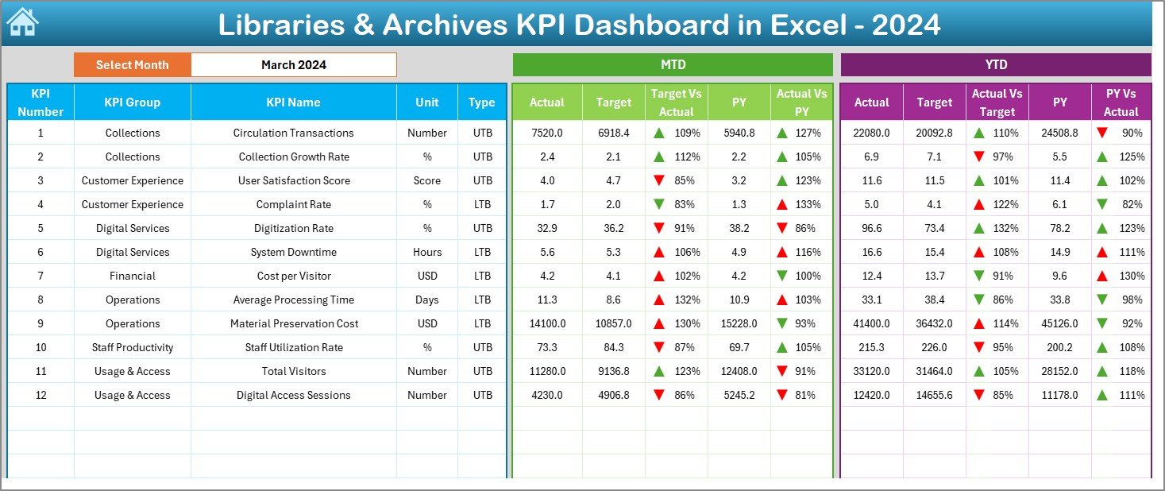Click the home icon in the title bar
[22, 23]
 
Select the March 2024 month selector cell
[293, 65]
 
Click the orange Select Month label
[132, 65]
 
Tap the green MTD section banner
[673, 65]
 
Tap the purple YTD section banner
[995, 65]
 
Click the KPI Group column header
[132, 102]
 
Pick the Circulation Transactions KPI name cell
[293, 133]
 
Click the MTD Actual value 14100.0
[547, 323]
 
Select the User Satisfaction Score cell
[293, 180]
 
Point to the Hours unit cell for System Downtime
[427, 252]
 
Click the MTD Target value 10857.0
[614, 323]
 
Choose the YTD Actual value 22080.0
[871, 133]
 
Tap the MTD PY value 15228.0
[739, 323]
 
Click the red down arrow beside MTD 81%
[782, 395]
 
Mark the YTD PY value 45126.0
[1059, 323]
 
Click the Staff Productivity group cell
[132, 347]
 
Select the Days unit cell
[427, 300]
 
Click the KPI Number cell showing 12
[41, 395]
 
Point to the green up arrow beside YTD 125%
[1102, 157]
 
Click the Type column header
[481, 102]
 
